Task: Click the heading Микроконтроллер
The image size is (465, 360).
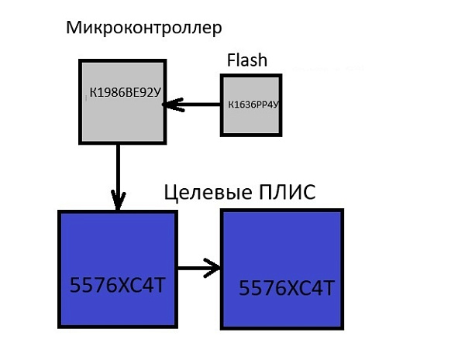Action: point(144,29)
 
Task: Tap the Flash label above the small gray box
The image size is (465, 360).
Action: point(247,60)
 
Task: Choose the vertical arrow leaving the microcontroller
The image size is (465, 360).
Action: point(118,174)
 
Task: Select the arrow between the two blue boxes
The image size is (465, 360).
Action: point(199,269)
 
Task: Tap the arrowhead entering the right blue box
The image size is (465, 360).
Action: point(215,269)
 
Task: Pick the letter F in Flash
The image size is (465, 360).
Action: point(231,60)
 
